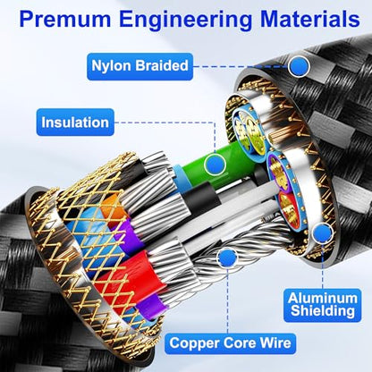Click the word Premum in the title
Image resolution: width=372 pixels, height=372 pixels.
point(64,19)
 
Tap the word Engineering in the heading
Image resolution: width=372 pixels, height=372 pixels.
point(185,21)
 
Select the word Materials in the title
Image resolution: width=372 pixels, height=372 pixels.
point(310,19)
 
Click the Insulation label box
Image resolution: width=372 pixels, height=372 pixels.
point(75,123)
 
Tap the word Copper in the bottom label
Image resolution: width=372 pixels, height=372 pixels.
point(195,343)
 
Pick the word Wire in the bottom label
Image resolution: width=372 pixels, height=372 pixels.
point(275,342)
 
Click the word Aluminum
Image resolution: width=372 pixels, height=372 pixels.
point(323,299)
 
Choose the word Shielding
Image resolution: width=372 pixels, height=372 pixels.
point(323,311)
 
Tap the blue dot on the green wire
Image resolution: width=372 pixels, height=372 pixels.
point(215,164)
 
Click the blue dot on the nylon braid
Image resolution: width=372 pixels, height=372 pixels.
point(299,66)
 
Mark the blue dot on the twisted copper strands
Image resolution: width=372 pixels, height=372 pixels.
point(228,258)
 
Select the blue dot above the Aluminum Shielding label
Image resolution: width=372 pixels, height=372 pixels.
point(323,232)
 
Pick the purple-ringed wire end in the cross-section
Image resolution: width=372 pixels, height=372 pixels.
point(279,171)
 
